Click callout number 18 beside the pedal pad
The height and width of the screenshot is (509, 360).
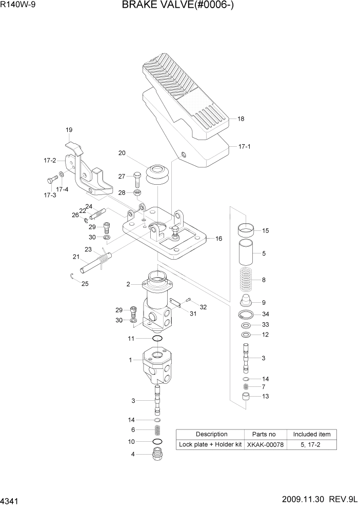(241, 119)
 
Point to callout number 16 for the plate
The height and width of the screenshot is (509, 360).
(218, 239)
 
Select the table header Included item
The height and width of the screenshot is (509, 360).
(312, 434)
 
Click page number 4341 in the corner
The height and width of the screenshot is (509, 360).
(10, 499)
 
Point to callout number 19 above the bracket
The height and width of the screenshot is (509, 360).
(69, 130)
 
